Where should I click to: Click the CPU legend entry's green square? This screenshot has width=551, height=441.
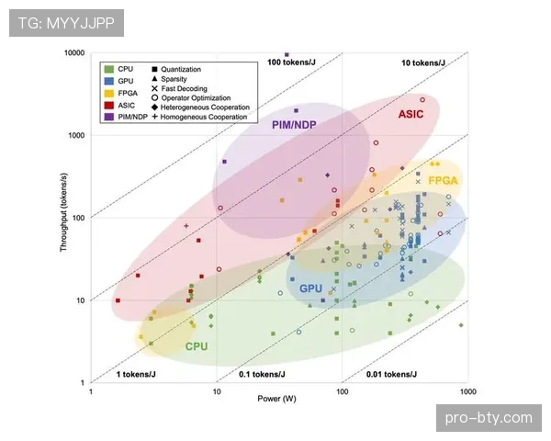coord(109,69)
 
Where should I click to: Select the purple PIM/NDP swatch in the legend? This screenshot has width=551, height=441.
coord(109,117)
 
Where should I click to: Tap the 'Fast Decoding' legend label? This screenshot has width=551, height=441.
coord(185,88)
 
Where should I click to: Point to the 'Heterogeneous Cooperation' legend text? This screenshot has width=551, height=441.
coord(205,107)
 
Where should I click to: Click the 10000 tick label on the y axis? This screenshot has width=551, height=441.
coord(74,52)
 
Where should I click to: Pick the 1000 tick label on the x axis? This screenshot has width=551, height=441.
coord(467,391)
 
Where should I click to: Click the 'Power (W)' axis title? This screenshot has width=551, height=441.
coord(277,399)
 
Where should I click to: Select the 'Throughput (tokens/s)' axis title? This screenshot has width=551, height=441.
coord(63,212)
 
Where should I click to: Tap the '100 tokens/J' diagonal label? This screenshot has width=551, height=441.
coord(291,62)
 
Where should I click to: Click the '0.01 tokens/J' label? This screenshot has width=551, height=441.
coord(391,374)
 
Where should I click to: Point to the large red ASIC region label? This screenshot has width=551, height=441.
coord(410,114)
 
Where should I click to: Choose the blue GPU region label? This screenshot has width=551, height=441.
coord(310,288)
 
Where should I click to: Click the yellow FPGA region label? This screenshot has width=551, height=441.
coord(444,181)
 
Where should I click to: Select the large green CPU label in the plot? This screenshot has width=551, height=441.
coord(197,346)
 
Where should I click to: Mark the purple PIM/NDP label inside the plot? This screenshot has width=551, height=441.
coord(294,125)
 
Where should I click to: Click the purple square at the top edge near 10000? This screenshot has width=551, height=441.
coord(287,54)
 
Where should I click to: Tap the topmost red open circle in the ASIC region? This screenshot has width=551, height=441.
coord(422,100)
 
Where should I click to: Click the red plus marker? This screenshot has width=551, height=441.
coord(186,226)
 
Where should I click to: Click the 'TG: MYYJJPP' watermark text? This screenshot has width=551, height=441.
coord(66,23)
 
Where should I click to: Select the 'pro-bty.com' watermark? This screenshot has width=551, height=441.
coord(489,418)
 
